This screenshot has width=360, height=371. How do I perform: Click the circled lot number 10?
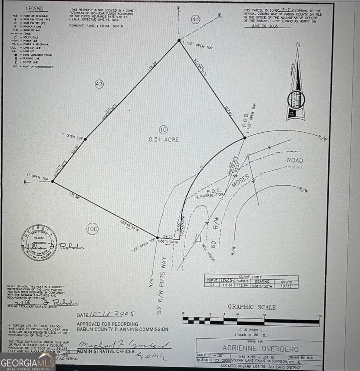pos(163,130)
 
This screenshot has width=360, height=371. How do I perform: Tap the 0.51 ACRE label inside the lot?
pos(163,140)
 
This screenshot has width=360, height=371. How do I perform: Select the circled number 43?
pos(99,84)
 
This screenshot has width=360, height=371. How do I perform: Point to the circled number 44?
pos(196,20)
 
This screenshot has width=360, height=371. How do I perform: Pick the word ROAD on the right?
pos(295,160)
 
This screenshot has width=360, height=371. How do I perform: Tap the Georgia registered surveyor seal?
pos(39,243)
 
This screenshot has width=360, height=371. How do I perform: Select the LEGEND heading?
pos(34,9)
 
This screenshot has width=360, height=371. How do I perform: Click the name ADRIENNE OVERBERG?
pos(261,348)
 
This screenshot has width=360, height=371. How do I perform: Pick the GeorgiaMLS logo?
pos(27,362)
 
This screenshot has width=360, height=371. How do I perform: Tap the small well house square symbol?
pos(198,238)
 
